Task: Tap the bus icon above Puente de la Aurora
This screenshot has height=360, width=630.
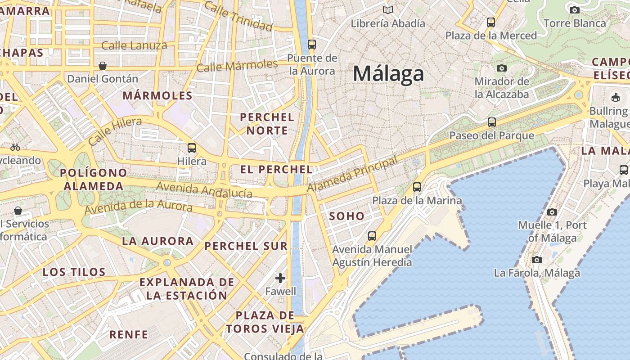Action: coord(311,44)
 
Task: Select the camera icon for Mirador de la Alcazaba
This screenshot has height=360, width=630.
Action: coord(501,68)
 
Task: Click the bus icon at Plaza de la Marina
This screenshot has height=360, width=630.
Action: coord(417,187)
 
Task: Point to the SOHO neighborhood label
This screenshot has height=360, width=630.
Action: coord(346,216)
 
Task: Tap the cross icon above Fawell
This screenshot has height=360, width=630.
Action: coord(280,278)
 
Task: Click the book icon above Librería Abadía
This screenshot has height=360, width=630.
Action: coord(387,10)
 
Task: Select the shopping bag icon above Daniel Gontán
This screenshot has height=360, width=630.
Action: coord(103,66)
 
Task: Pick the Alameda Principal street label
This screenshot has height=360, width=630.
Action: coord(353,175)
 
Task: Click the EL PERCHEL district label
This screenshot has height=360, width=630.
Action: coord(276,170)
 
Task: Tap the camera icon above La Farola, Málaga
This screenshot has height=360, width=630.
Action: coord(536,260)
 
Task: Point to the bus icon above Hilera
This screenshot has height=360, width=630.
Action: coord(192,148)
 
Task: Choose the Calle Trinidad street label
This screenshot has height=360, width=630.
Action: coord(238,16)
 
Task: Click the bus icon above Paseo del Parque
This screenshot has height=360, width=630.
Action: coord(492,122)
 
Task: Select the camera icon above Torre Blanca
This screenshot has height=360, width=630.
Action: coord(575,10)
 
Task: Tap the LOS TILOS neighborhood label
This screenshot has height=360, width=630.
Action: coord(74,272)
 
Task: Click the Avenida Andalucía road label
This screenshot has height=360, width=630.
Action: coord(204,189)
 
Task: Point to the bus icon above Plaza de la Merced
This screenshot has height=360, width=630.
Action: coord(491,22)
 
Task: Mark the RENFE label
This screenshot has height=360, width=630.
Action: coord(129,334)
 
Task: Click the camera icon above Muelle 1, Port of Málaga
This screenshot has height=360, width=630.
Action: coord(552,212)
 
